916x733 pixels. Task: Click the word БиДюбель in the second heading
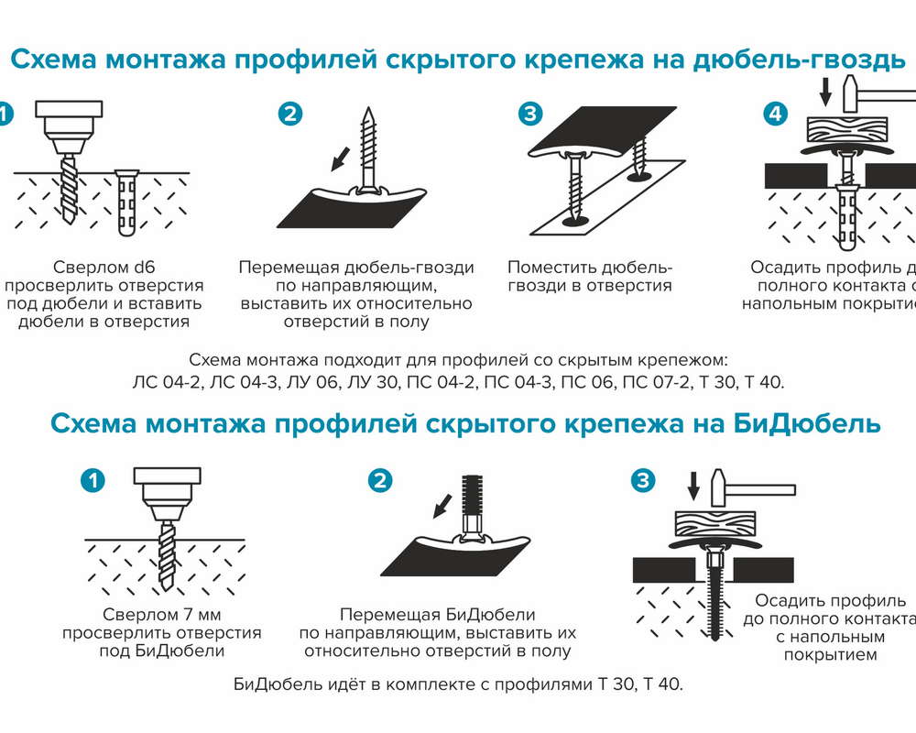808,424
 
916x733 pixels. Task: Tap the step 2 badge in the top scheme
289,114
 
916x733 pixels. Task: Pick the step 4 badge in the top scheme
775,114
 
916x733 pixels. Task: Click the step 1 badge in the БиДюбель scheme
93,479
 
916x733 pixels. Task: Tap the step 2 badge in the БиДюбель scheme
379,479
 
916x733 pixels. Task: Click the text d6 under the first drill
144,268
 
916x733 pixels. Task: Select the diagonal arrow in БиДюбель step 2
442,504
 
